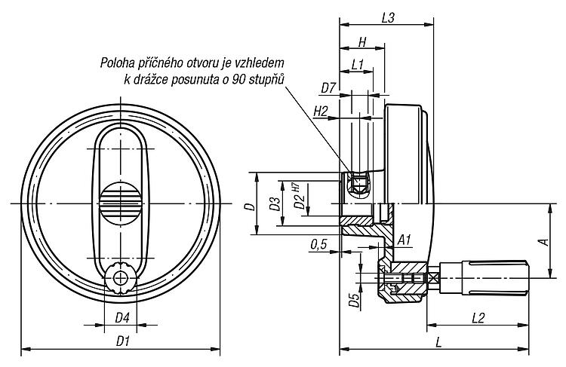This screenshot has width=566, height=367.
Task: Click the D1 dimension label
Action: click(x=123, y=341)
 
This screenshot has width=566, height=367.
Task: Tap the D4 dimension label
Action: click(x=122, y=318)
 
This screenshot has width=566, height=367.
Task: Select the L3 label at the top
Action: click(x=388, y=17)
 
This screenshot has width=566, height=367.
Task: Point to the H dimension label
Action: click(x=362, y=42)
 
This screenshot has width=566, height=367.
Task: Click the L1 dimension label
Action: click(x=357, y=65)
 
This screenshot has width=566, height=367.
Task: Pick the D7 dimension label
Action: click(x=328, y=88)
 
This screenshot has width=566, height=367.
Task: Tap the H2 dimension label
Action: click(x=321, y=112)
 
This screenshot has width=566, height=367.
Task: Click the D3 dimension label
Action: click(x=275, y=203)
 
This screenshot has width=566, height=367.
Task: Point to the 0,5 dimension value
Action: click(x=318, y=245)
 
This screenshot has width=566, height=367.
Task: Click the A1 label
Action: click(x=405, y=240)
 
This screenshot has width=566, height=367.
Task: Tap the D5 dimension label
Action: click(x=355, y=300)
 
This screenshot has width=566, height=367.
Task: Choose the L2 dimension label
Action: click(x=478, y=318)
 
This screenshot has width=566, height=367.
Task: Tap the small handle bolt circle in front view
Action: click(x=120, y=278)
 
